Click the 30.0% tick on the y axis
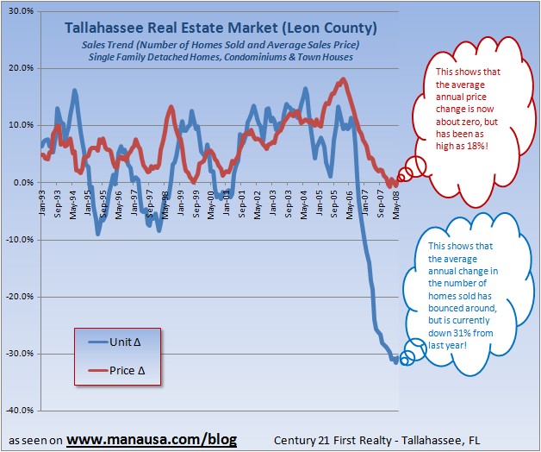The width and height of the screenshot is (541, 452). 20,11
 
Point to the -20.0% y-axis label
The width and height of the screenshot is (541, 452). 18,296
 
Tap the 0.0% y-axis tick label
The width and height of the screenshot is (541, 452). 22,182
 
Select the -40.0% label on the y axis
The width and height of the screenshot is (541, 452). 18,410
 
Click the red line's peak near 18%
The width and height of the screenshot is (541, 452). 344,80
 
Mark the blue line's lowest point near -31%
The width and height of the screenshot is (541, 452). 395,361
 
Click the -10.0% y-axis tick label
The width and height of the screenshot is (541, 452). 18,239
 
